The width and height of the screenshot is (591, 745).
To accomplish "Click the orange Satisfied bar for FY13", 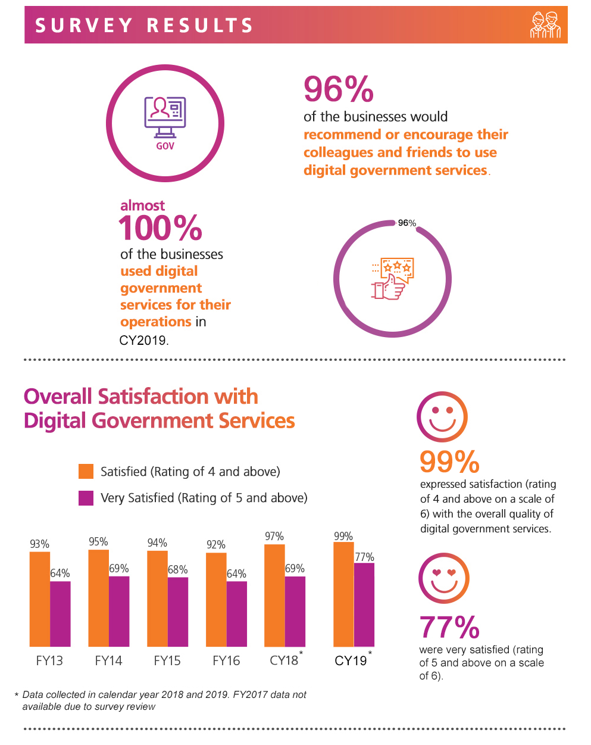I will click(x=40, y=599).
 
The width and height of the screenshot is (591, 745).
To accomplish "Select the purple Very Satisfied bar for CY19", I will click(x=364, y=604).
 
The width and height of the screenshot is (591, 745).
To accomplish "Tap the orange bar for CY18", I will click(x=274, y=595).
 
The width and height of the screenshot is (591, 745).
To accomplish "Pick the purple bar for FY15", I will click(x=178, y=612).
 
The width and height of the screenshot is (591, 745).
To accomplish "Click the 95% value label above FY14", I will click(x=98, y=542).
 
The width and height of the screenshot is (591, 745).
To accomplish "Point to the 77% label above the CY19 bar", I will click(x=364, y=557).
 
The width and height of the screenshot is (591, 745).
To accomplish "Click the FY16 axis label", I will click(x=226, y=660).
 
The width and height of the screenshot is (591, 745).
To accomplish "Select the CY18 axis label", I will click(x=284, y=660).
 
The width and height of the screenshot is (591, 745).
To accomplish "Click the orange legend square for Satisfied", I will click(x=86, y=472).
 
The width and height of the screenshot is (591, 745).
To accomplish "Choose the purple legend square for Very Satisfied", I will click(x=86, y=498).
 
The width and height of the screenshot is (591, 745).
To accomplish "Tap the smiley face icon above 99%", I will click(x=442, y=416).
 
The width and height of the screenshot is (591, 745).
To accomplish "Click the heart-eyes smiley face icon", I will click(x=444, y=578).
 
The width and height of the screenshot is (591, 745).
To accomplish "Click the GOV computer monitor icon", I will click(x=165, y=119).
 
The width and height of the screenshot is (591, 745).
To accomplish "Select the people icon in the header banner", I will click(x=545, y=25).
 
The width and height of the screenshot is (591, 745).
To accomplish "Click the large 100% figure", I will click(x=161, y=228).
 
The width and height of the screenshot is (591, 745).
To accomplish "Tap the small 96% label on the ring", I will click(x=407, y=223).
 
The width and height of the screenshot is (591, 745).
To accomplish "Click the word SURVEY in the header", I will click(x=84, y=26).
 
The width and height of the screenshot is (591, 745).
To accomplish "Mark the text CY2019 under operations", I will click(x=143, y=341).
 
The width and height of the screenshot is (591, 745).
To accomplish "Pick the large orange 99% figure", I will click(x=449, y=462).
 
